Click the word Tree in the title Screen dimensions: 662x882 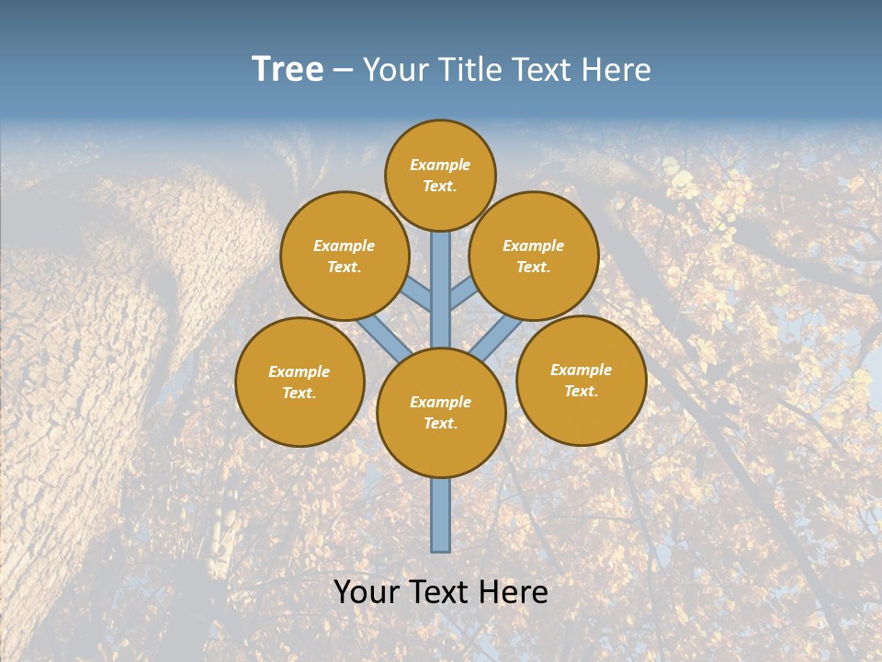pos(288,70)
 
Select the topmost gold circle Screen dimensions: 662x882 pos(440,175)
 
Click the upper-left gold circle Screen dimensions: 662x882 pos(345,256)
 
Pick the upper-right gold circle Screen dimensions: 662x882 pos(534,256)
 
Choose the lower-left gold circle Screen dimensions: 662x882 pos(300,382)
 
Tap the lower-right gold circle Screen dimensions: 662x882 pos(582,380)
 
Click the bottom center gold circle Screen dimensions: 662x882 pos(441,413)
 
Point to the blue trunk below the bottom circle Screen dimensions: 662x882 pos(441,515)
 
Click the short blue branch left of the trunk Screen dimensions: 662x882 pos(417,294)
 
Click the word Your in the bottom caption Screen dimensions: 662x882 pos(367,592)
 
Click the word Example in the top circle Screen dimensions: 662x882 pos(440,165)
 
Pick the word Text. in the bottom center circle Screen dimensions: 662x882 pos(440,424)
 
